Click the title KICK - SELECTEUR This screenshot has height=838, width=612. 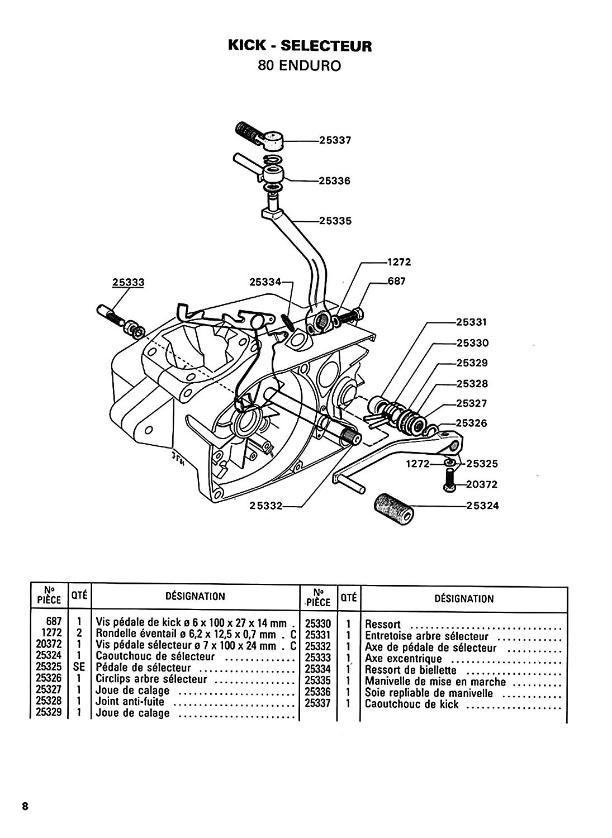(300, 46)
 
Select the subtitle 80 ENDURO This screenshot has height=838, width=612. (300, 66)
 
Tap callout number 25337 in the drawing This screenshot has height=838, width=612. (335, 140)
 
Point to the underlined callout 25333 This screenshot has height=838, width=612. (129, 282)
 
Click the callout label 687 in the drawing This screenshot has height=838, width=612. (396, 281)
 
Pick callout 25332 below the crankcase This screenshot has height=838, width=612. (266, 506)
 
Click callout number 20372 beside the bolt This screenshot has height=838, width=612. (482, 484)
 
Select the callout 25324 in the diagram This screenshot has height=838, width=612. (483, 506)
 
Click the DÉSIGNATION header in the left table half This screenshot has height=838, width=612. (195, 596)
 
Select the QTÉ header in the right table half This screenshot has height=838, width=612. (349, 598)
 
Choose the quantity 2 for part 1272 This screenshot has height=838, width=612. (79, 633)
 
